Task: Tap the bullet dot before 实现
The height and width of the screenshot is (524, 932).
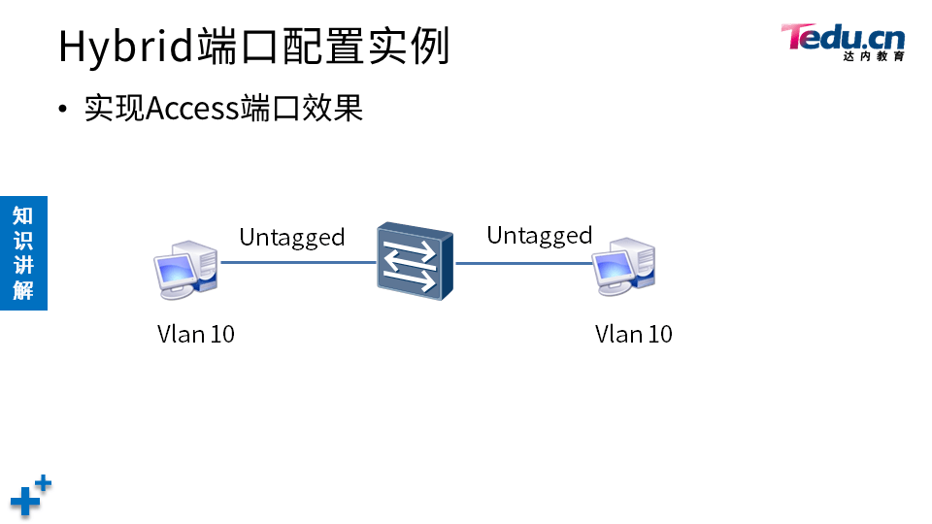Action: (64, 109)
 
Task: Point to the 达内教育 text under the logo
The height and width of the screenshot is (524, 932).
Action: (873, 57)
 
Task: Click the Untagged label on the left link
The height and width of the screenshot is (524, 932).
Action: (291, 237)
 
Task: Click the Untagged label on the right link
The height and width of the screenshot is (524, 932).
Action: (539, 235)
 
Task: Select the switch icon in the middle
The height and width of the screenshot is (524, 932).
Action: (415, 263)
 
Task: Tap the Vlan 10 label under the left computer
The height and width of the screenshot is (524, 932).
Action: (196, 334)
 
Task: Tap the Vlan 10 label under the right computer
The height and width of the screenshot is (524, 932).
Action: (633, 334)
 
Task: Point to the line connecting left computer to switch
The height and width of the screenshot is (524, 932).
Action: (298, 262)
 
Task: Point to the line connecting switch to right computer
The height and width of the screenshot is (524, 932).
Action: (524, 262)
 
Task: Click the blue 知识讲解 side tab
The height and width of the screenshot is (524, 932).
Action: (23, 252)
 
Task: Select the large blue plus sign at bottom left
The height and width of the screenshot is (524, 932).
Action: (24, 502)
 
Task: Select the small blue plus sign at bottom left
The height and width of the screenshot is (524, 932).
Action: (44, 482)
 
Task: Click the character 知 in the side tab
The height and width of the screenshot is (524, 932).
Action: (23, 215)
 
